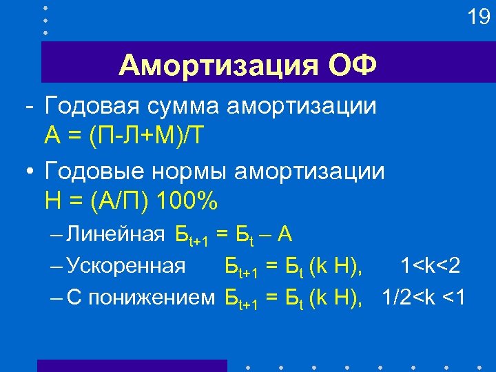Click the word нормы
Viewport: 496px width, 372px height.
185,171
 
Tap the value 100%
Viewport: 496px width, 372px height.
187,201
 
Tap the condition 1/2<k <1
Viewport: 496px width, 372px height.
424,297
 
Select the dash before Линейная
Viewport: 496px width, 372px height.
56,236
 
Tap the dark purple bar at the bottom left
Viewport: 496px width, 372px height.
132,365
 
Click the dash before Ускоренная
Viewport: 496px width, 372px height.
56,266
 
